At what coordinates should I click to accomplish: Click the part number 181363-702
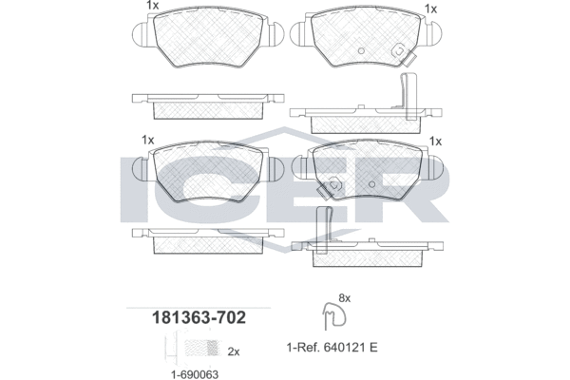199,317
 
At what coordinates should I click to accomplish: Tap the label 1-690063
195,374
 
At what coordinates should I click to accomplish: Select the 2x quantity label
234,352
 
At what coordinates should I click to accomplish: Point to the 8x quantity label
344,298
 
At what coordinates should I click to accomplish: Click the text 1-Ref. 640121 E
332,348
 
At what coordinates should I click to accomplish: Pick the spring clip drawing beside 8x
334,315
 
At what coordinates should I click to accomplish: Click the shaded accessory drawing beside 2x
201,349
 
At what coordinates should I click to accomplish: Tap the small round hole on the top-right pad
361,51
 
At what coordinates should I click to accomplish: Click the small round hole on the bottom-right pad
371,184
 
